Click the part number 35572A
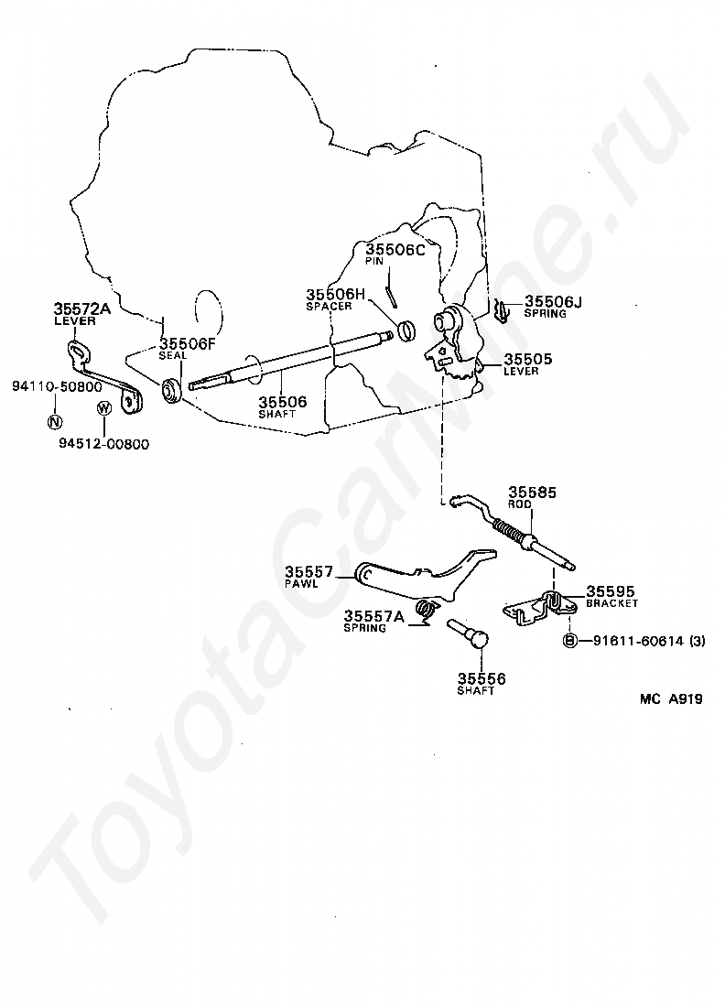pos(81,309)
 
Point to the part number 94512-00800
pos(107,444)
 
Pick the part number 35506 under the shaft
pos(282,401)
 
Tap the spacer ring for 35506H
pos(408,327)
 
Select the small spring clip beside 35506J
pos(501,310)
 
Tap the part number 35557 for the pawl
pos(308,571)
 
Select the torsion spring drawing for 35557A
pos(423,610)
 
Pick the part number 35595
pos(611,591)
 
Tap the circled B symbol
pos(568,640)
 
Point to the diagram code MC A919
pos(671,699)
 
